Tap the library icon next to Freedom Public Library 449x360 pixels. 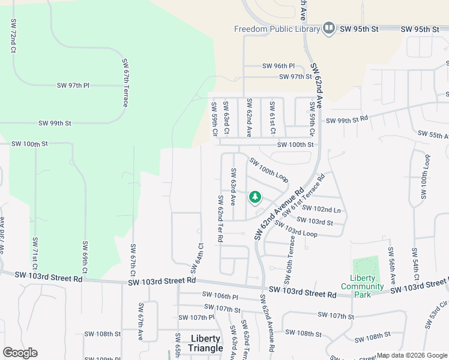coord(328,28)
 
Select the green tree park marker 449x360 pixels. coord(255,197)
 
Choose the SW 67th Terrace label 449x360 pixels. coord(125,83)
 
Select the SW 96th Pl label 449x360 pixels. coord(279,66)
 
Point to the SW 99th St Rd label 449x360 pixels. coord(346,120)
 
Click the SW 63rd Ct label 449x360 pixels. coord(227,118)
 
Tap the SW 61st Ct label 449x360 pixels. coord(272,118)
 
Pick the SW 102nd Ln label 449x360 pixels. coord(321,209)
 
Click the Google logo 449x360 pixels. coord(20,353)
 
